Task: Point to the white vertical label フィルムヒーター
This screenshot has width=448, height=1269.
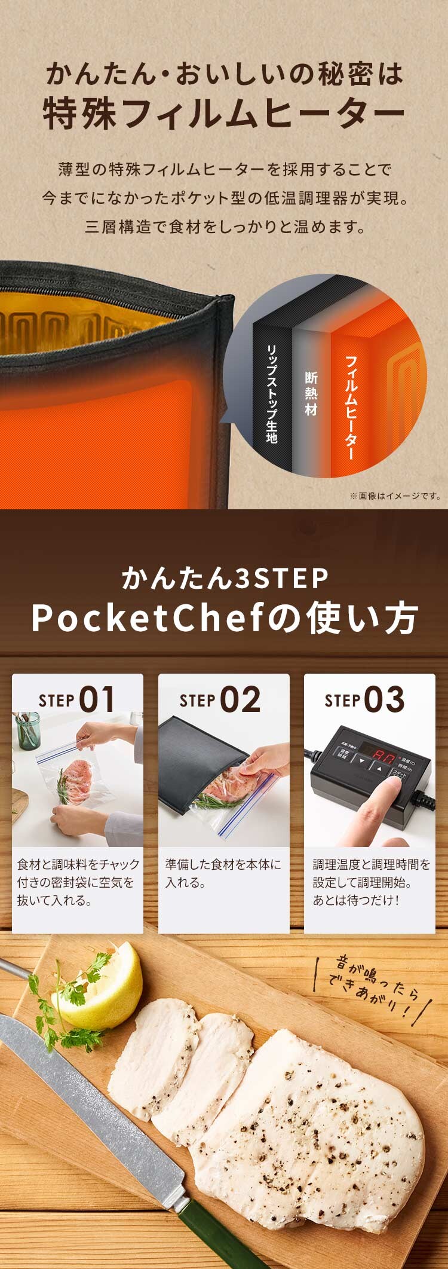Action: click(x=351, y=407)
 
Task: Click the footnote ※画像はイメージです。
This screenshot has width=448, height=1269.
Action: click(x=395, y=496)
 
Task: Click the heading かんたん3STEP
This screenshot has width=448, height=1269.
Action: click(x=225, y=578)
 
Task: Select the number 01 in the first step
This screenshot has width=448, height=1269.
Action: click(x=96, y=699)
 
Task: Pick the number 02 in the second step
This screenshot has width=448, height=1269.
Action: click(x=240, y=699)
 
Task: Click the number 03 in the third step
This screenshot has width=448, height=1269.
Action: click(x=384, y=699)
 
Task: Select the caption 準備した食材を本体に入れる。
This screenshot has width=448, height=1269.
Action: click(x=223, y=873)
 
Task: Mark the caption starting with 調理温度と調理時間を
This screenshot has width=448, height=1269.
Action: click(x=370, y=882)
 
